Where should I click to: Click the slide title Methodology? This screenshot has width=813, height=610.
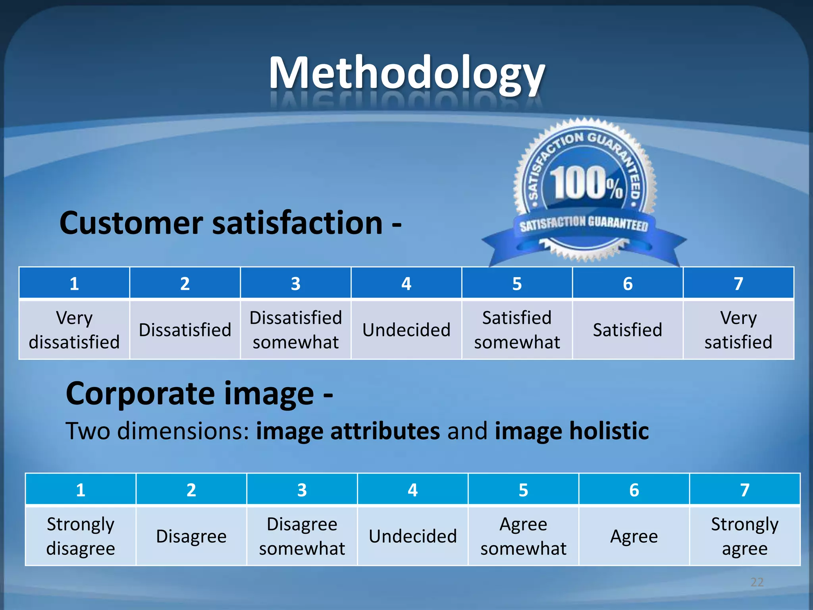(406, 73)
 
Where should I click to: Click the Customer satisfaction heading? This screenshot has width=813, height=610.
(230, 223)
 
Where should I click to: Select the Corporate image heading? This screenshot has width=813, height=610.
(199, 394)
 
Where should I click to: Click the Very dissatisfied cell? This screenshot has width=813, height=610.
(74, 330)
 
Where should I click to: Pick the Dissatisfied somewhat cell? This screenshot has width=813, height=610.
(296, 330)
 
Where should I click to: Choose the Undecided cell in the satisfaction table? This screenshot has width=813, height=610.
(406, 330)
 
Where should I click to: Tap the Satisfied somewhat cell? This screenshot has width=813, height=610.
(517, 330)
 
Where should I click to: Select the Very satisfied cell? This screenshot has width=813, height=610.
(738, 330)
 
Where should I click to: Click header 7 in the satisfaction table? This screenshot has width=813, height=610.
(738, 284)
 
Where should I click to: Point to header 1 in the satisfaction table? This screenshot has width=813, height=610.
(74, 284)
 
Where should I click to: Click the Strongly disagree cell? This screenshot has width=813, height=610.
(81, 537)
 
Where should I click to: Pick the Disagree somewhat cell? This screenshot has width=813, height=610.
(302, 537)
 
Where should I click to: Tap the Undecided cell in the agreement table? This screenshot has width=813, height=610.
(413, 537)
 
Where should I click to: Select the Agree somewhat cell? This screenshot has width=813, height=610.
(523, 537)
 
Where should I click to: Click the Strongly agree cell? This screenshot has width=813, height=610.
(745, 537)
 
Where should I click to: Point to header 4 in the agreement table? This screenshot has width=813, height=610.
(413, 490)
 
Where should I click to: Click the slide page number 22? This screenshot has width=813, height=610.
(757, 582)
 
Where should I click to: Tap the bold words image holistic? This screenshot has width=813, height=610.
(572, 431)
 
